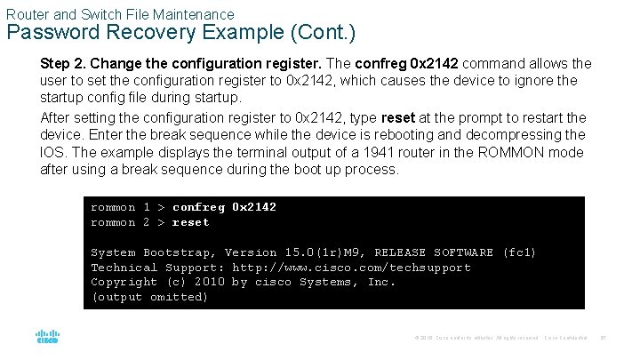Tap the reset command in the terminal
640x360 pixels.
coord(190,222)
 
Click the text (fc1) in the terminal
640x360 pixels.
coord(519,252)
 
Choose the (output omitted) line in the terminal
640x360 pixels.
coord(149,297)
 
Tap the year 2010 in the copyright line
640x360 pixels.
coord(209,282)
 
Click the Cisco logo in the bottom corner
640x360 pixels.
coord(47,338)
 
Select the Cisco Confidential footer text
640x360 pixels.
coord(566,338)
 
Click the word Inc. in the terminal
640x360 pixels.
coord(381,282)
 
